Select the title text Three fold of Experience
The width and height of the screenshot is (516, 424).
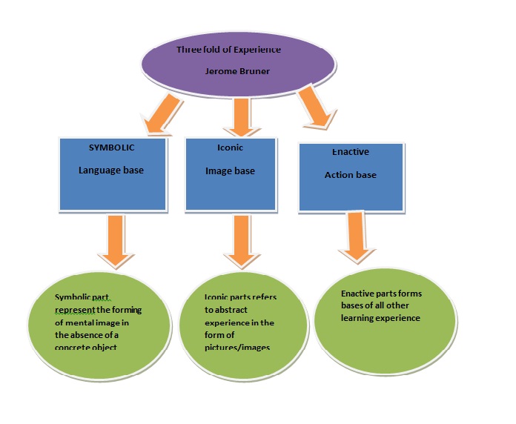(x=229, y=50)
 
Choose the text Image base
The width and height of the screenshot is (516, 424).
(x=230, y=171)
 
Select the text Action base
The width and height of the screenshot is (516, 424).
(x=352, y=176)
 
